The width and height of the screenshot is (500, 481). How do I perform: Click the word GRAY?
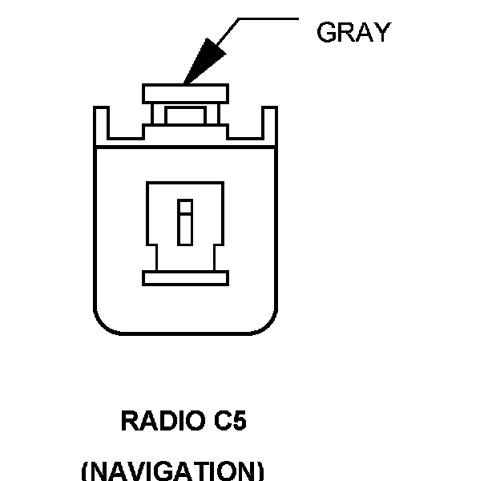click(353, 32)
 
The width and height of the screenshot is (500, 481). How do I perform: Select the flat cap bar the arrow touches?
click(184, 93)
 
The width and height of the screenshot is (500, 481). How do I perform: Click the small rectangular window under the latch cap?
click(184, 114)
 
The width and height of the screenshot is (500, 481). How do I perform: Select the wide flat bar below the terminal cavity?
click(185, 278)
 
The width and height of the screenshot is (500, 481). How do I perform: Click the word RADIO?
click(154, 422)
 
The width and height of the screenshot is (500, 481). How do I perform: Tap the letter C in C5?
click(214, 422)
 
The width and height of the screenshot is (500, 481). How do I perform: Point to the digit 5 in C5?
click(237, 422)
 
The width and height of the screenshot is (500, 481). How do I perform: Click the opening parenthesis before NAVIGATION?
click(86, 471)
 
